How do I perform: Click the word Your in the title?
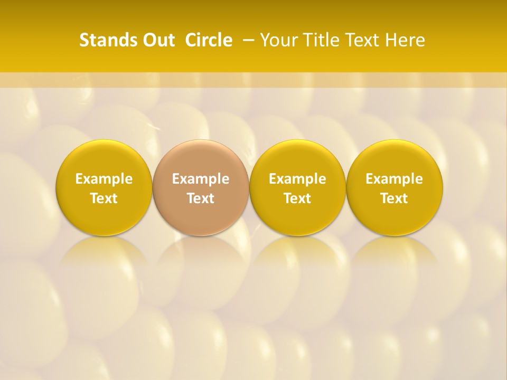click(278, 40)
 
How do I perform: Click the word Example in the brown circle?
click(201, 179)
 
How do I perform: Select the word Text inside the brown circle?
click(201, 198)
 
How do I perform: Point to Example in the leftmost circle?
click(104, 179)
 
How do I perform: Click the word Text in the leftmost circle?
click(104, 198)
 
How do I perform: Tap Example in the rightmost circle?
click(395, 179)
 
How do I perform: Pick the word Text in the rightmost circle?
click(395, 198)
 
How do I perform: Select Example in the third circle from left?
click(297, 179)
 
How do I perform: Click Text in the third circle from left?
click(297, 198)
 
